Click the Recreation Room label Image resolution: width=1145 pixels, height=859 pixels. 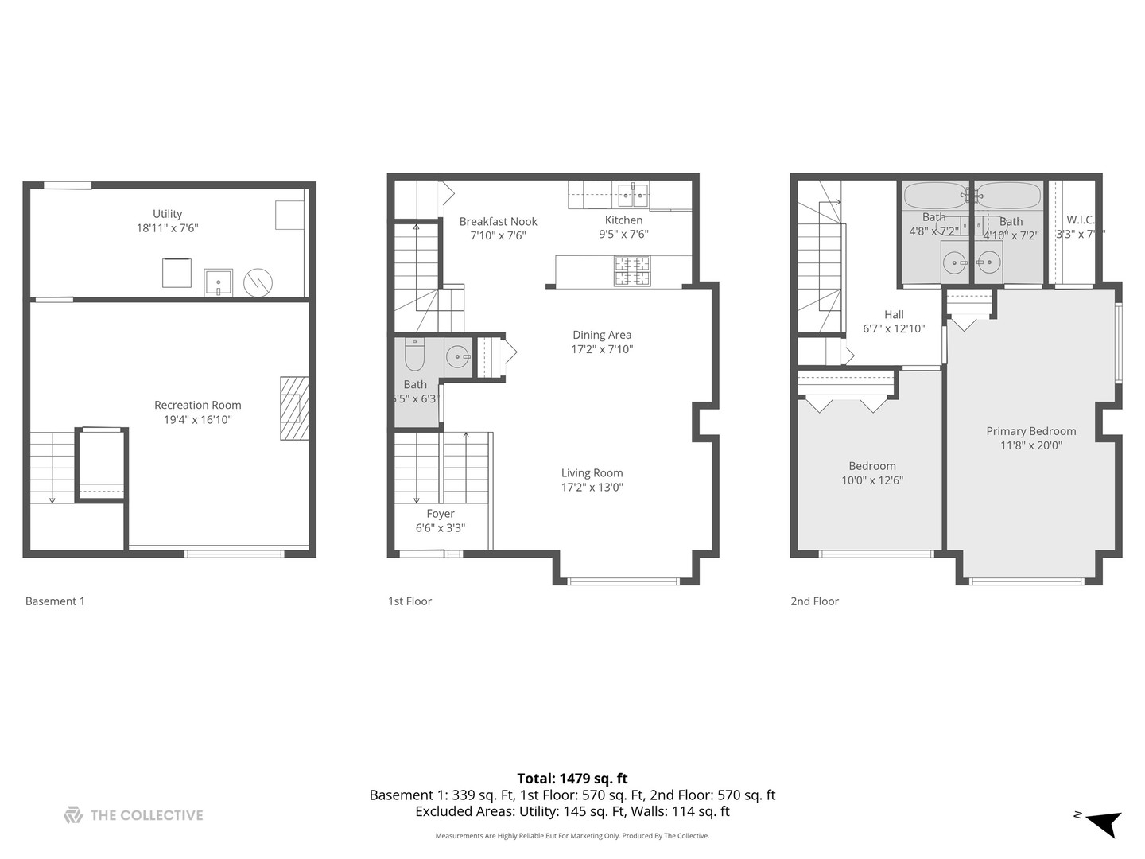197,405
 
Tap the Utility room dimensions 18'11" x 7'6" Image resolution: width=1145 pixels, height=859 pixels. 167,228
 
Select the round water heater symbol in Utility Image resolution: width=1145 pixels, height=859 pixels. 258,282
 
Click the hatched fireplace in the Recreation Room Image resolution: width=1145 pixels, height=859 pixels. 293,408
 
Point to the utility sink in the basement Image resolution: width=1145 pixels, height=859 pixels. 218,282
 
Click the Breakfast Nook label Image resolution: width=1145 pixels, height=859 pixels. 498,222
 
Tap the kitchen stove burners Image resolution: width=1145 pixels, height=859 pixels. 631,271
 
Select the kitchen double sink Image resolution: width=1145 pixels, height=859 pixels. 632,194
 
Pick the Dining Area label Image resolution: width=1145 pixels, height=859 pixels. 602,335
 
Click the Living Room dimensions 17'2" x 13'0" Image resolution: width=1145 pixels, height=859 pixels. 592,488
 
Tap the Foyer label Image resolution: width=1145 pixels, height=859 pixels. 440,514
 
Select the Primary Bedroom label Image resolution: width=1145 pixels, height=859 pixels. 1030,431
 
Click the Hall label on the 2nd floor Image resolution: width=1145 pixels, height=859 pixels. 894,314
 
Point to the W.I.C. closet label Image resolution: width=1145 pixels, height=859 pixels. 1080,220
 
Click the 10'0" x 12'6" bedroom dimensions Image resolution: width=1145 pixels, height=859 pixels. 872,480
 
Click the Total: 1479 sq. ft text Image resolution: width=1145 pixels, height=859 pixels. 572,779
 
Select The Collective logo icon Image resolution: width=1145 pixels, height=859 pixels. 73,815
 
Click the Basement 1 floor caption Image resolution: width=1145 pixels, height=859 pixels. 55,601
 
